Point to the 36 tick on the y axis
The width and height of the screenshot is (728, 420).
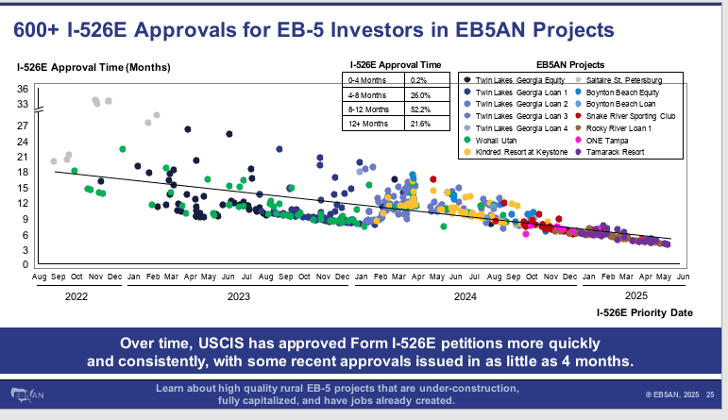pos(24,90)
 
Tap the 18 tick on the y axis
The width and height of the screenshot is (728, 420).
pos(24,172)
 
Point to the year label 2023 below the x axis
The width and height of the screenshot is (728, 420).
pos(238,295)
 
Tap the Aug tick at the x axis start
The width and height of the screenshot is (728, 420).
pos(40,277)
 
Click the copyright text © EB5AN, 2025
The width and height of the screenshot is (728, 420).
pos(672,394)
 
